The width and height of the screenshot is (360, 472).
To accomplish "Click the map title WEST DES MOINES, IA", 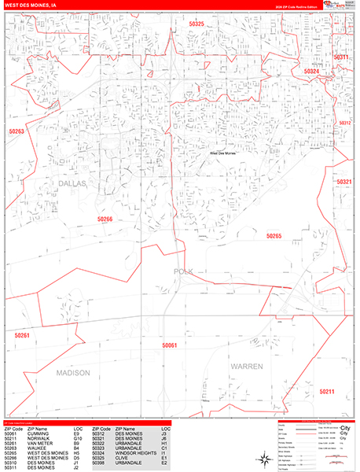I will coord(31,5).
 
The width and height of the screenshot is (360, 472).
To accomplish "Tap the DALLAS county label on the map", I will coord(72,183).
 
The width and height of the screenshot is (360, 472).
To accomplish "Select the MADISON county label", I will coord(72,371).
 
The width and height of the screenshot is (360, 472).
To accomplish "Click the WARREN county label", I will coord(246,367).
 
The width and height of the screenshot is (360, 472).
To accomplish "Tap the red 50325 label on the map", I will coord(197,24).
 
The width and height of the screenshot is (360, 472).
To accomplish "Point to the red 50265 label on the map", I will coord(274,236).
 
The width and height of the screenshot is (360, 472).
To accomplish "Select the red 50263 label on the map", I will coord(17,131).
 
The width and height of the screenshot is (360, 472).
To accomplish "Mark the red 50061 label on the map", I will coord(170,345).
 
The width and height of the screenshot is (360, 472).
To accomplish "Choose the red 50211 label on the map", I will coord(327,391).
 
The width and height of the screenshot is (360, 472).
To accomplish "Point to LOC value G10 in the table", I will coord(77,438).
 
